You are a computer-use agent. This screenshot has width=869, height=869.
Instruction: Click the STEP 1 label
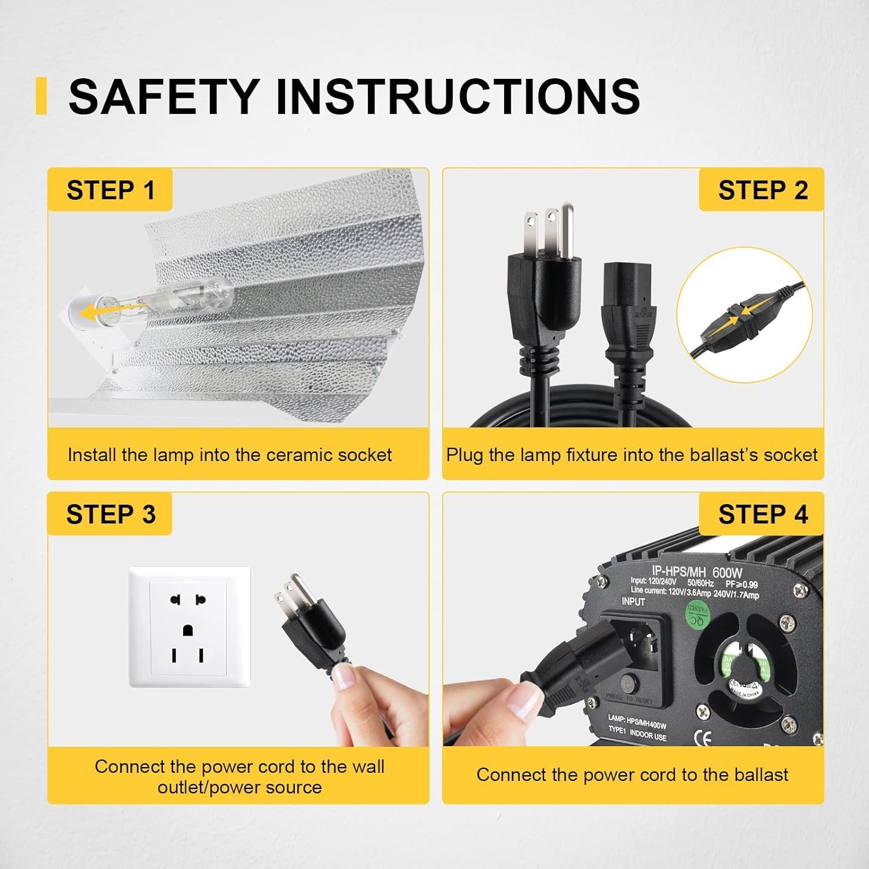tap(110, 191)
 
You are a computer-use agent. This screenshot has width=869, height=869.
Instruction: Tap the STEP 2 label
tap(762, 191)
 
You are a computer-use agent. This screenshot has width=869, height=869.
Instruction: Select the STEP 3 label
tap(110, 514)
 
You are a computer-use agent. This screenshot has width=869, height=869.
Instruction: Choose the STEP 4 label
tap(762, 514)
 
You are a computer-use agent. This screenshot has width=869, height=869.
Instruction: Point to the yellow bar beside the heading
tap(41, 96)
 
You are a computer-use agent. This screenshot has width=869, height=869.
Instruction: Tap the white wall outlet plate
tap(189, 627)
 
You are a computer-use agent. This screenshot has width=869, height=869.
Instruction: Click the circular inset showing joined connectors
tap(744, 315)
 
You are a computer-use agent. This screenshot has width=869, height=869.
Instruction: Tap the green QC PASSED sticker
tap(699, 615)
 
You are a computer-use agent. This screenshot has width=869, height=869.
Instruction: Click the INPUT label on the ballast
tap(633, 602)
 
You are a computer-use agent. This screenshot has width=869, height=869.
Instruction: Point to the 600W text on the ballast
tap(727, 572)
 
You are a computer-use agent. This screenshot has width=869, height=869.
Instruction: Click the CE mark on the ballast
tap(702, 737)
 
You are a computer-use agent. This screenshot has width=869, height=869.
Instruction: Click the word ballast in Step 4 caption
tap(759, 775)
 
